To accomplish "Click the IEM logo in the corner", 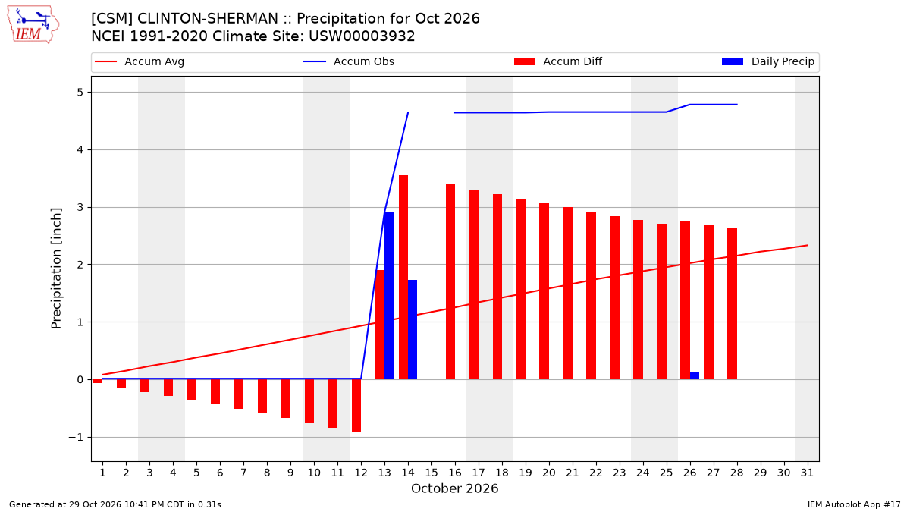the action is pos(33,25).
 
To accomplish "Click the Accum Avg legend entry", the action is pos(140,61).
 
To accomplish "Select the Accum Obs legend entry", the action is pos(349,61).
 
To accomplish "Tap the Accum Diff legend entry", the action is pos(558,61).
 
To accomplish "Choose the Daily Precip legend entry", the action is pos(767,61).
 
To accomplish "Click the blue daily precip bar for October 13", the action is pos(389,296).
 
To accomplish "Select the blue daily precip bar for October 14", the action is pos(413,329).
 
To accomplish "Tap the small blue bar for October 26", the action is pos(695,375).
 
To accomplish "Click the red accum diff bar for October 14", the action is pos(403,277).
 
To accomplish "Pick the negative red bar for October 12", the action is pos(356,406).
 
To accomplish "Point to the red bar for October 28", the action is pos(732,304).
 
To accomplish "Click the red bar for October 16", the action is pos(450,282).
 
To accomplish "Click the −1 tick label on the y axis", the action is pos(76,437).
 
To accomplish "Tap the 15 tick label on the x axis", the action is pos(431,473).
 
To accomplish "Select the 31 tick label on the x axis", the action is pos(807,473).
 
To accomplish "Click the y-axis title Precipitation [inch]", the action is pos(56,269).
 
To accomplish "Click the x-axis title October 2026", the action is pos(454,488).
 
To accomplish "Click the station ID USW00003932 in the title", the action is pos(362,36).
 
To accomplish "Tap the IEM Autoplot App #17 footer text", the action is pos(854,504).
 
